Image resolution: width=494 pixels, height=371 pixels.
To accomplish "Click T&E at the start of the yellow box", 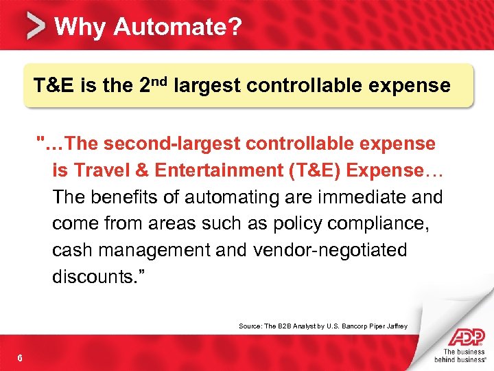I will (x=55, y=86).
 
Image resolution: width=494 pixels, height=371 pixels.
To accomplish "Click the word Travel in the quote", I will (x=100, y=170).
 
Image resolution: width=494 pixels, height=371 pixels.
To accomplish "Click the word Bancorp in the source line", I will (x=335, y=326).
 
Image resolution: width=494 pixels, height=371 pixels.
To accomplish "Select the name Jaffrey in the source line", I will (x=395, y=326).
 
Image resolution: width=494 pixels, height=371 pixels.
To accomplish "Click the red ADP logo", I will (x=465, y=337).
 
